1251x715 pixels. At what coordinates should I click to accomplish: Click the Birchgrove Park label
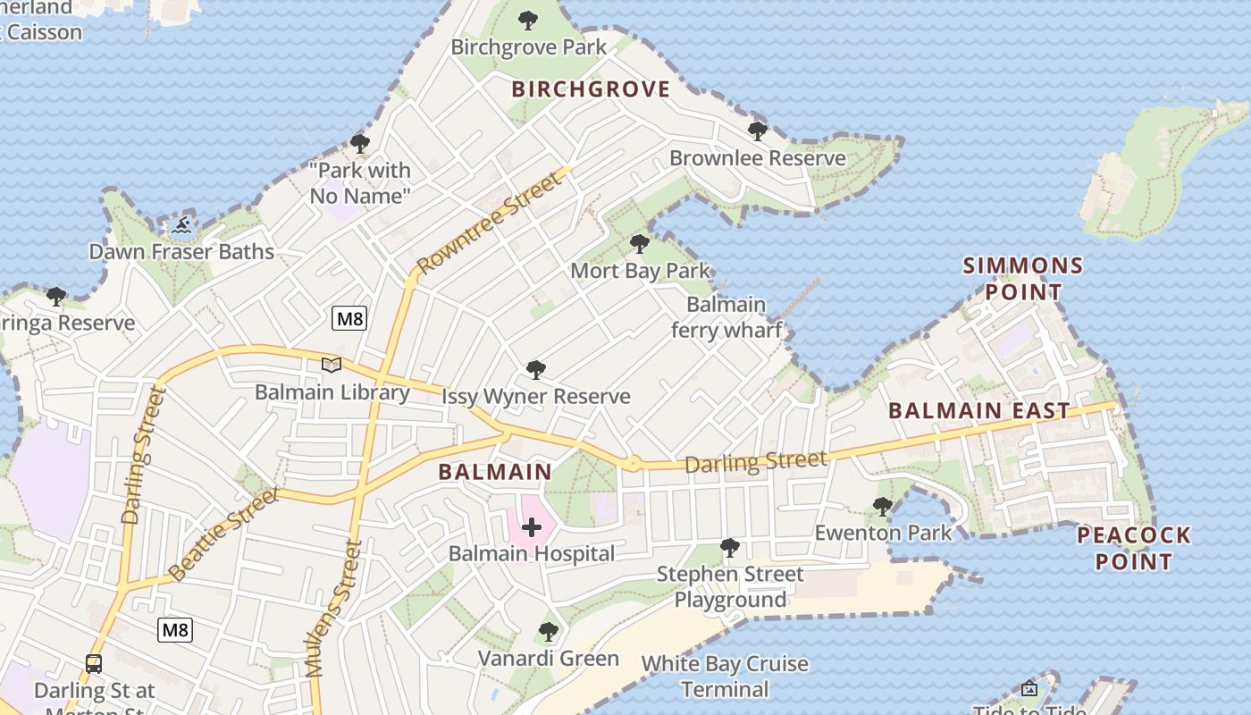pyautogui.click(x=528, y=46)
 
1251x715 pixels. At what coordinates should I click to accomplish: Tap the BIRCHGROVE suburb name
pyautogui.click(x=590, y=88)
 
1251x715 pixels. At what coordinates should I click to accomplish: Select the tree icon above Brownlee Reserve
pyautogui.click(x=758, y=131)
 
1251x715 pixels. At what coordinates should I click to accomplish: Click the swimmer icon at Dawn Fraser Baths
pyautogui.click(x=182, y=225)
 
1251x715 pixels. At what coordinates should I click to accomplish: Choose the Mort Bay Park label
pyautogui.click(x=640, y=270)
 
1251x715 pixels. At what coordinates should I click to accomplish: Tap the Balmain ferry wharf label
pyautogui.click(x=726, y=317)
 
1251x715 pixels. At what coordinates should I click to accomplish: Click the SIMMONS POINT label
pyautogui.click(x=1023, y=278)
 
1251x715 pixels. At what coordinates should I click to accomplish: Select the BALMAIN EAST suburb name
pyautogui.click(x=979, y=411)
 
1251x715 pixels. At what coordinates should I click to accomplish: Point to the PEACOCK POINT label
pyautogui.click(x=1134, y=548)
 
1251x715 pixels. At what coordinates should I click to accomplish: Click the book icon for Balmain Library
pyautogui.click(x=332, y=365)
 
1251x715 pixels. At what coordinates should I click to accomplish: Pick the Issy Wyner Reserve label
pyautogui.click(x=536, y=396)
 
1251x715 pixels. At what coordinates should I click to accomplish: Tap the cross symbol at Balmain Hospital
pyautogui.click(x=532, y=527)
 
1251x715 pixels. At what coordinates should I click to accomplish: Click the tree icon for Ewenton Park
pyautogui.click(x=883, y=507)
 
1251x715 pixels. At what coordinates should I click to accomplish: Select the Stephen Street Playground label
pyautogui.click(x=730, y=586)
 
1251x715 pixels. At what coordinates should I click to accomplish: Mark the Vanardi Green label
pyautogui.click(x=548, y=659)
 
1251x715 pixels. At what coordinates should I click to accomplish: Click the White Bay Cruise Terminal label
pyautogui.click(x=725, y=677)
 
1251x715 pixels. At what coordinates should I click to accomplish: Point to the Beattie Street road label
pyautogui.click(x=223, y=534)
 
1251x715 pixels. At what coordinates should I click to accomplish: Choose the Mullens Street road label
pyautogui.click(x=333, y=608)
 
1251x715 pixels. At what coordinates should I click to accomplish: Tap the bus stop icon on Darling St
pyautogui.click(x=94, y=664)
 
